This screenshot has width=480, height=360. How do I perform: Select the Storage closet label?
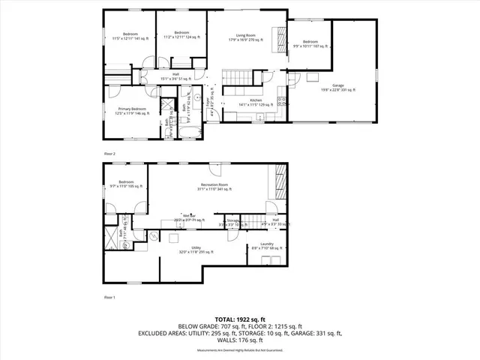(233, 221)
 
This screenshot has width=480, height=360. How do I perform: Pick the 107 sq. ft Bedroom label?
(310, 43)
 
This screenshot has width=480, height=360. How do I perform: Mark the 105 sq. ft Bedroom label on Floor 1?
(126, 184)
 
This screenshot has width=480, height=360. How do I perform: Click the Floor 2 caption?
(109, 153)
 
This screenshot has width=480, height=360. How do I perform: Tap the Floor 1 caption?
(109, 298)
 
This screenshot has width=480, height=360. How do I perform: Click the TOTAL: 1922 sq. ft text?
(239, 318)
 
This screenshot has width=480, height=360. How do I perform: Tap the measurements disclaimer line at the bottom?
(239, 350)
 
